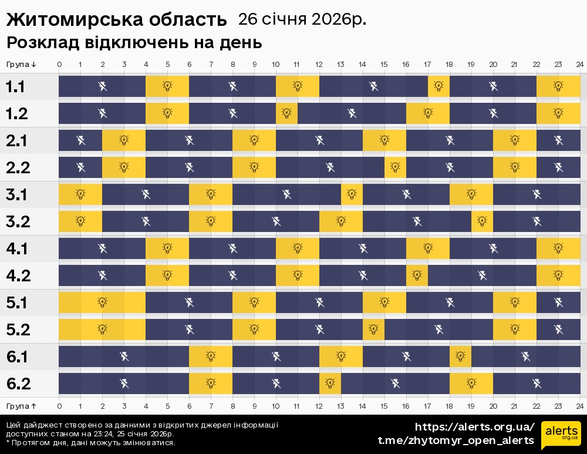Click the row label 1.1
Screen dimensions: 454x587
tap(16, 87)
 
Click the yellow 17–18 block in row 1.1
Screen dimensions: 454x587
tap(438, 87)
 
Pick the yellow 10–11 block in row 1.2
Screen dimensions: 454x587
tap(286, 113)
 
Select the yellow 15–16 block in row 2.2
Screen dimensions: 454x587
tap(395, 167)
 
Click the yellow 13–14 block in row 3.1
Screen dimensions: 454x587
tap(352, 194)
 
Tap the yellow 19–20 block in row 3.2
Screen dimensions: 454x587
tap(482, 221)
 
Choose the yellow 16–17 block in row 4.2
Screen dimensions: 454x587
tap(417, 275)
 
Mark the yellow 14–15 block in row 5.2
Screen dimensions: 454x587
tap(373, 329)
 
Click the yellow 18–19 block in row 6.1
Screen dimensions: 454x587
tap(460, 356)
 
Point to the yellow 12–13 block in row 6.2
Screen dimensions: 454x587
tap(330, 384)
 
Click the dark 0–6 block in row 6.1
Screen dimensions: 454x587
tap(123, 356)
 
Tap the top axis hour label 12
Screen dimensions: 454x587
tap(319, 64)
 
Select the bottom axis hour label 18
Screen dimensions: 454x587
tap(449, 406)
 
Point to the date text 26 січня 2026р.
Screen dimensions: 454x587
tap(302, 19)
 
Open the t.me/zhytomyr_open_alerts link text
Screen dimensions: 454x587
tap(456, 440)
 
